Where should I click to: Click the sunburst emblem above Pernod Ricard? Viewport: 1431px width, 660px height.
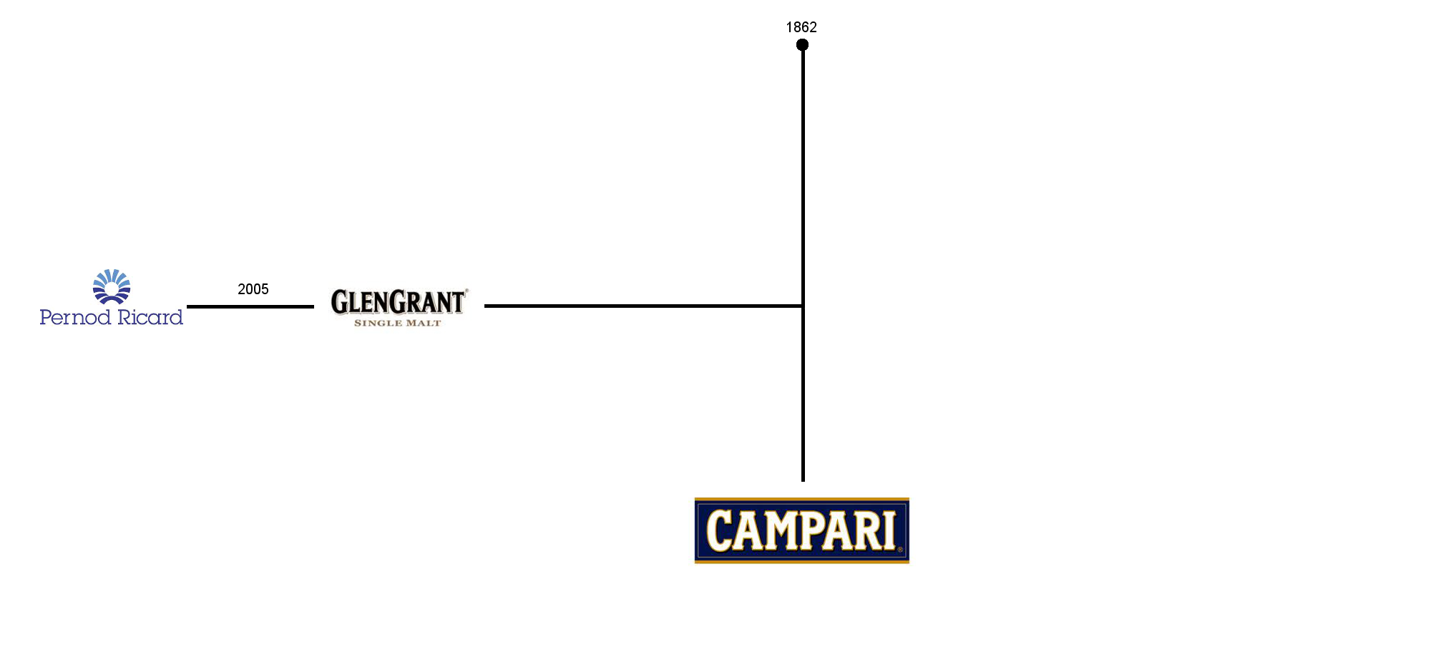(112, 286)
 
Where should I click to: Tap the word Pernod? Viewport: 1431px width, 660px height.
(75, 317)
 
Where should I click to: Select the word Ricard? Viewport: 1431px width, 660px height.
(150, 316)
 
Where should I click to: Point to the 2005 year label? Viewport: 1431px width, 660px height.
(253, 289)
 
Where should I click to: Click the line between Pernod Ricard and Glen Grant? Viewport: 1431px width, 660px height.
(250, 306)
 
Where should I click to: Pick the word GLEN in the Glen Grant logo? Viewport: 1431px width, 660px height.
(360, 303)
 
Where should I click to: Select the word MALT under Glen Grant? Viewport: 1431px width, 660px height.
(424, 324)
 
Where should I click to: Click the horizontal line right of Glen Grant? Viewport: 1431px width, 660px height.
(643, 306)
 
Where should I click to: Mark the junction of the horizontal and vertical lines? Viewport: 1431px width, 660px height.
(803, 306)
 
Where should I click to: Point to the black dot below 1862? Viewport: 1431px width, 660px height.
(802, 45)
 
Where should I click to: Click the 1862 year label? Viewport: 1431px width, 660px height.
(801, 27)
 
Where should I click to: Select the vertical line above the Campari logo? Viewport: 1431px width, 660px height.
(803, 263)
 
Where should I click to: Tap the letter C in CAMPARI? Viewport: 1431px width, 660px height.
(719, 530)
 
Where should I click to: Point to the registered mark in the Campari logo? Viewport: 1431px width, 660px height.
(900, 550)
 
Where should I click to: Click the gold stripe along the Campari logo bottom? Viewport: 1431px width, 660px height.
(801, 561)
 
